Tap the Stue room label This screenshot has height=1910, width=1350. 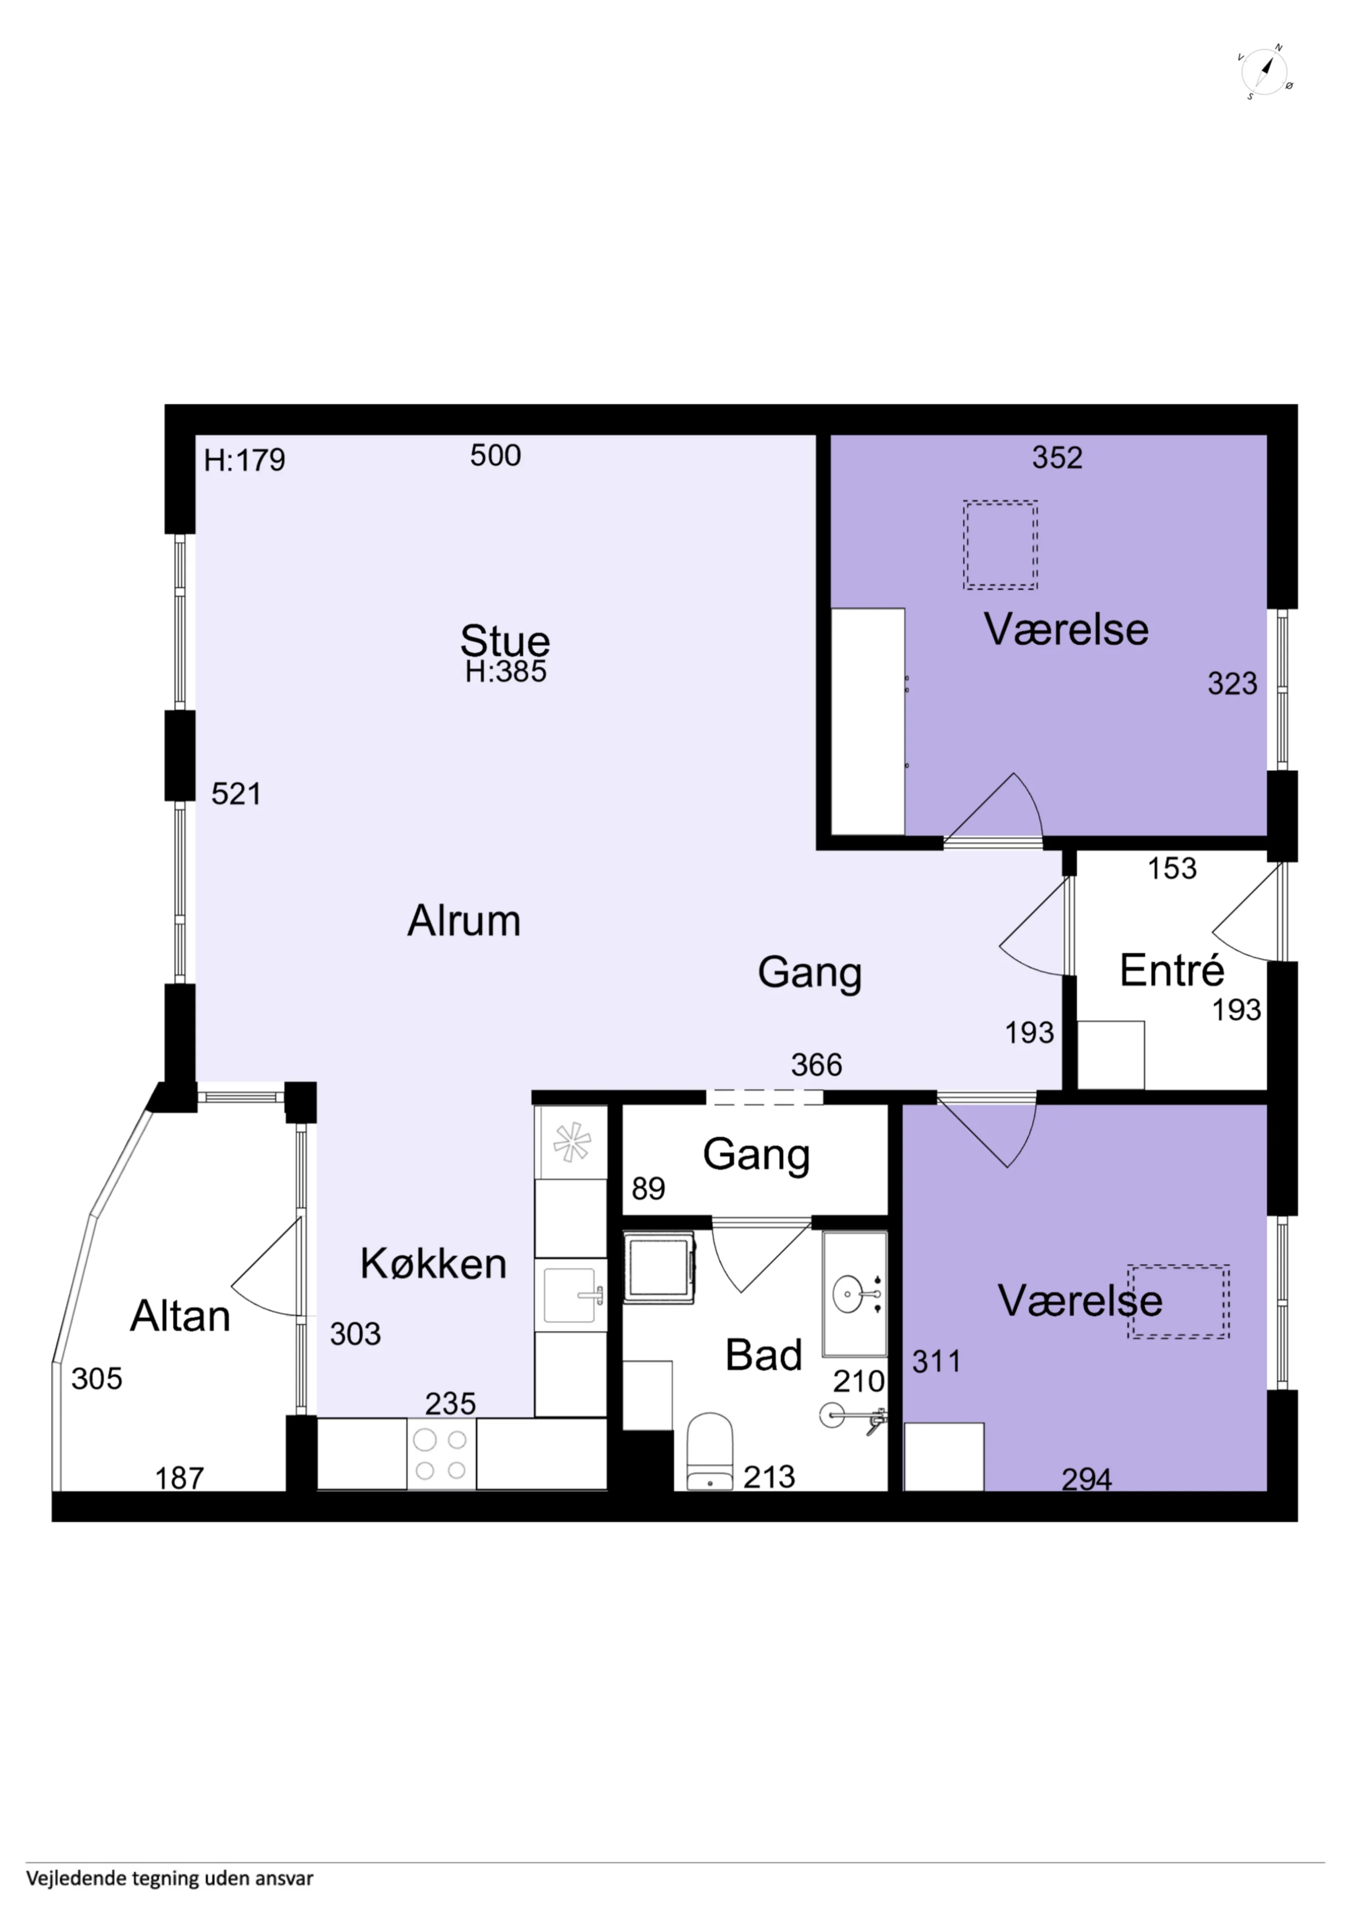[505, 641]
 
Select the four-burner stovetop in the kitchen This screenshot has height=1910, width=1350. [441, 1453]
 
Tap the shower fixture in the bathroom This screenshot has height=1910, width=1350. [853, 1416]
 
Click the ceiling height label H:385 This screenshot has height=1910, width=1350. [506, 671]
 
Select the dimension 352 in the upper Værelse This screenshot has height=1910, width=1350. [1057, 458]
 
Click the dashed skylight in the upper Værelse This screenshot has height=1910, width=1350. [1000, 545]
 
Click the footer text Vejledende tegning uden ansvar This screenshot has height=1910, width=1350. [170, 1878]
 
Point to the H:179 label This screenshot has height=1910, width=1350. [245, 460]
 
